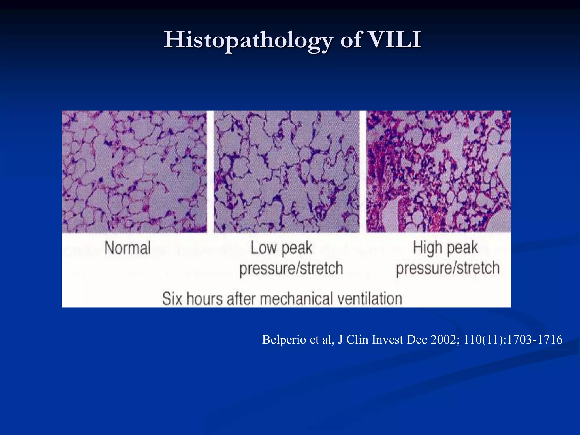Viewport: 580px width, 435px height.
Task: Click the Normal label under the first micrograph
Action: (x=127, y=248)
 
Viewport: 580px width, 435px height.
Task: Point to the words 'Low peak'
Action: (x=282, y=248)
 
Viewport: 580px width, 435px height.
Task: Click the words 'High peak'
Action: (x=445, y=248)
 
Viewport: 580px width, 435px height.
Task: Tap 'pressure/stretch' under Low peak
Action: (x=291, y=268)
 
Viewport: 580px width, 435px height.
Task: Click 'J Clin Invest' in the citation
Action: (x=371, y=340)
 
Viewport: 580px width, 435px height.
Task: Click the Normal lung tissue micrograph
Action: (x=134, y=172)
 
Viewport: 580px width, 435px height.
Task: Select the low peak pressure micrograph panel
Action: (x=287, y=172)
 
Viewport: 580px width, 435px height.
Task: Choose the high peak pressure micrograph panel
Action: (x=439, y=172)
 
